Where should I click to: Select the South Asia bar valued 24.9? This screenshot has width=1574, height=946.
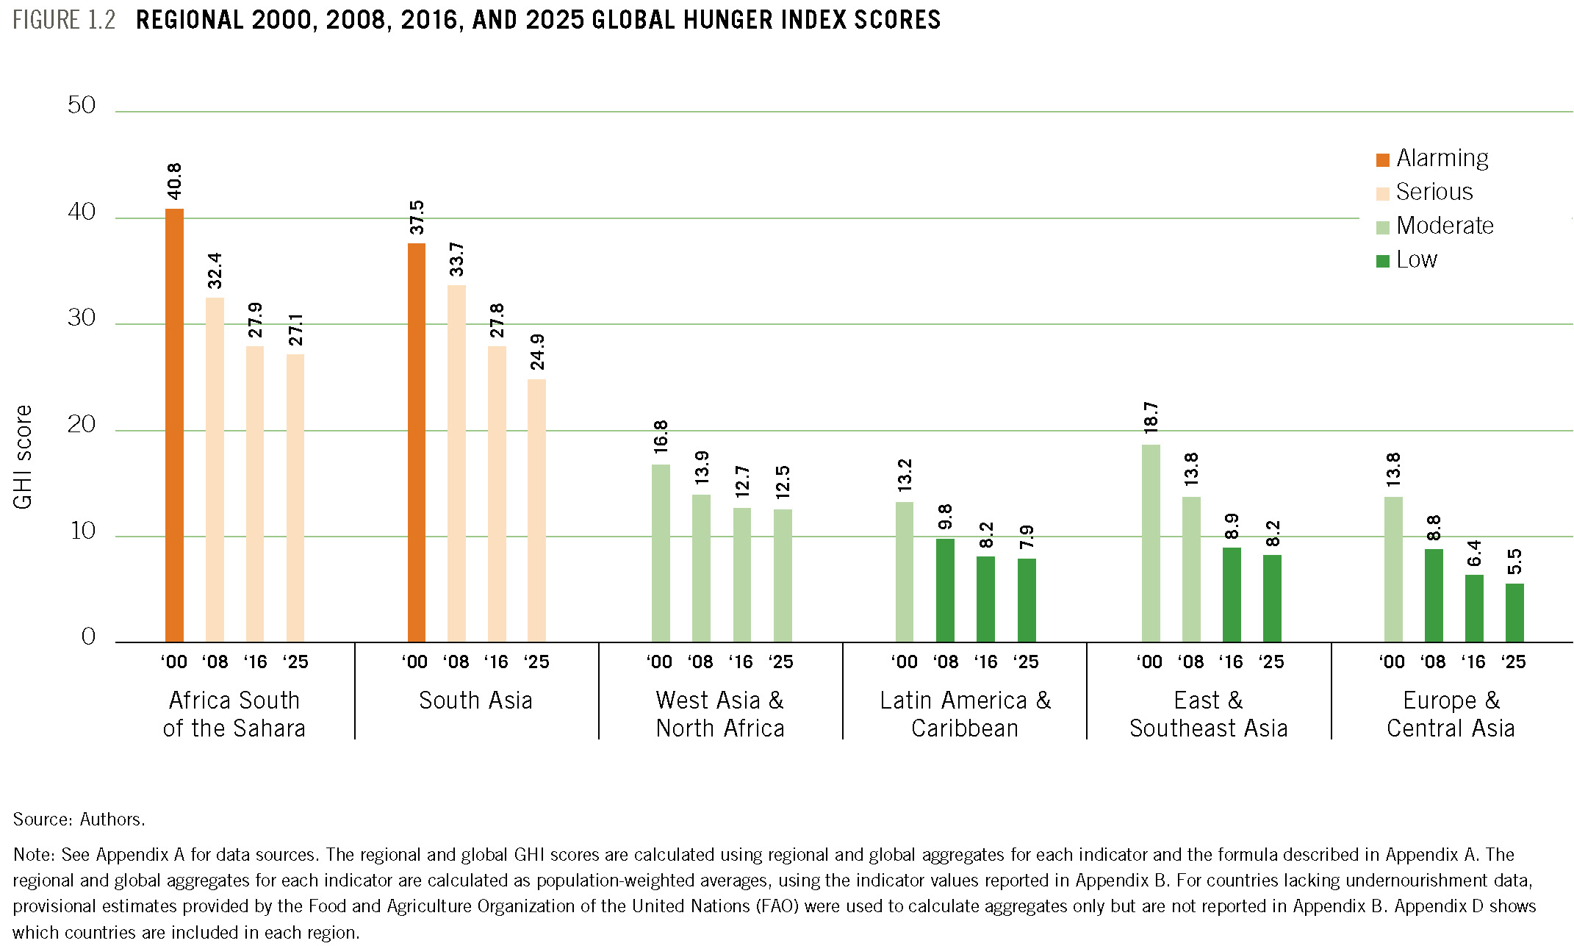pyautogui.click(x=536, y=510)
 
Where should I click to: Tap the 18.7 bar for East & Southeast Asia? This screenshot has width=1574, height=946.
pyautogui.click(x=1151, y=543)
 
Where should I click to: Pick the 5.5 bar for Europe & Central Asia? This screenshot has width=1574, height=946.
pyautogui.click(x=1514, y=612)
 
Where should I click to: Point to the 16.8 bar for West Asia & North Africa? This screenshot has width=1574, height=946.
pyautogui.click(x=661, y=553)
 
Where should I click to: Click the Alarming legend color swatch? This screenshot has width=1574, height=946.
pyautogui.click(x=1383, y=160)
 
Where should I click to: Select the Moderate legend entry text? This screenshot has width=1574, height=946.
pyautogui.click(x=1445, y=226)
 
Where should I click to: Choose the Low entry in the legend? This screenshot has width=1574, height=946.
pyautogui.click(x=1417, y=259)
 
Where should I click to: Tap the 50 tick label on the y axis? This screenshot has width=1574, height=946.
pyautogui.click(x=82, y=105)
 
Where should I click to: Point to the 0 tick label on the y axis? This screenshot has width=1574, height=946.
pyautogui.click(x=88, y=637)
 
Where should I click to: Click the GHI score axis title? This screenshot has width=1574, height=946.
pyautogui.click(x=23, y=456)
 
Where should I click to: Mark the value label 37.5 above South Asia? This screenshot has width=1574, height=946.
pyautogui.click(x=417, y=217)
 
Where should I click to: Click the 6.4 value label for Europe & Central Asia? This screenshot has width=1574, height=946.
pyautogui.click(x=1474, y=553)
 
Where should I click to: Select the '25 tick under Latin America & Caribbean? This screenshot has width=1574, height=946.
pyautogui.click(x=1026, y=662)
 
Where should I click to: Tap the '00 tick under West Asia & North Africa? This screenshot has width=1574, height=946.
pyautogui.click(x=659, y=662)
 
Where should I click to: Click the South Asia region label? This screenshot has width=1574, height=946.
pyautogui.click(x=475, y=700)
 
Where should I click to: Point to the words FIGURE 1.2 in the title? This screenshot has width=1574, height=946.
pyautogui.click(x=64, y=20)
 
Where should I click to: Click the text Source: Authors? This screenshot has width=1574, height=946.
pyautogui.click(x=79, y=820)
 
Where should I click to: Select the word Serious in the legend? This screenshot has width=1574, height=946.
pyautogui.click(x=1434, y=192)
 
